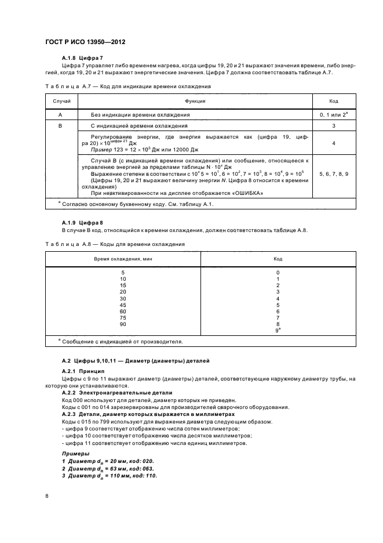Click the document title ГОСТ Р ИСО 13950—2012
click(85, 43)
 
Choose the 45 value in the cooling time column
click(123, 305)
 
